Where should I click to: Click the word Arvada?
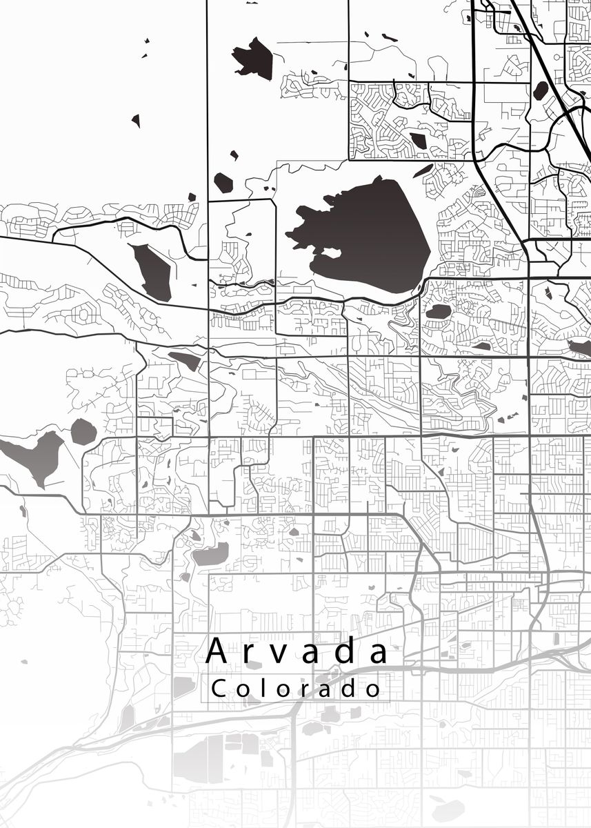point(297,651)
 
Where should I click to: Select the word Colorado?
point(297,688)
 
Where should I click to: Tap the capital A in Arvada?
point(217,651)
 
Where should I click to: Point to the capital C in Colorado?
point(219,688)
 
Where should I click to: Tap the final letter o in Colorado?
point(374,689)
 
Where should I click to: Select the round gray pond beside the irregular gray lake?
point(83,432)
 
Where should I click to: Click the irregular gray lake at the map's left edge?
point(34,455)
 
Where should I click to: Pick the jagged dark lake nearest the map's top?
point(254,58)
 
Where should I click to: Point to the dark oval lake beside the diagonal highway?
point(541,90)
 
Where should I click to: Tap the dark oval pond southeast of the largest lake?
point(438,312)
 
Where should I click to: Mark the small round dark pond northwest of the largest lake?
point(223,183)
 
